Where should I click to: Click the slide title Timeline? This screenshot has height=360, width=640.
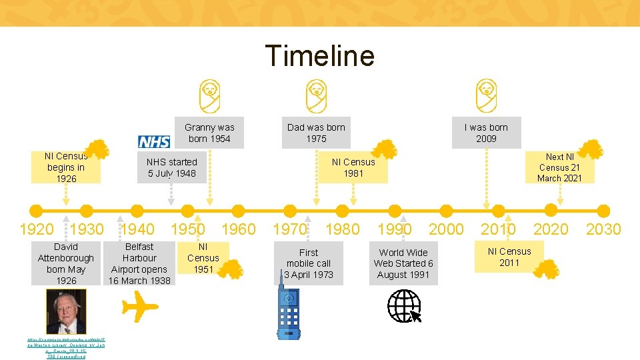[319, 55]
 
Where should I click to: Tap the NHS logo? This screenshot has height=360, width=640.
[154, 141]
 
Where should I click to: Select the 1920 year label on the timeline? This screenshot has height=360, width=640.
[37, 229]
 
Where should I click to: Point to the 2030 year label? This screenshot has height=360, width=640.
[603, 229]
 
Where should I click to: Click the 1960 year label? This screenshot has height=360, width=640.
[238, 229]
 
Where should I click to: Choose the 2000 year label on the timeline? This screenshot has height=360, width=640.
[446, 229]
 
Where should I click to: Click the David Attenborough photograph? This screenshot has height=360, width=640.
[66, 312]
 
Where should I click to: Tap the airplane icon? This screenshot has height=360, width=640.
[140, 307]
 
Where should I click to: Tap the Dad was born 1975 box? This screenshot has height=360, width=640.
[316, 133]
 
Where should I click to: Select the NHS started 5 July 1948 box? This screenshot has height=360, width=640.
[172, 167]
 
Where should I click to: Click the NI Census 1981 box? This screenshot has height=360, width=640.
[353, 167]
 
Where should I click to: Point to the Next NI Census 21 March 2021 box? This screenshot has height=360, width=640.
[559, 167]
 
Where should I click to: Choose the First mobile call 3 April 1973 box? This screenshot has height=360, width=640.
[309, 263]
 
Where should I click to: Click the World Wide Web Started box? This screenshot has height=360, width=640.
[403, 263]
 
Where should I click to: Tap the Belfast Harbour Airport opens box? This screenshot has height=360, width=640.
[139, 263]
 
